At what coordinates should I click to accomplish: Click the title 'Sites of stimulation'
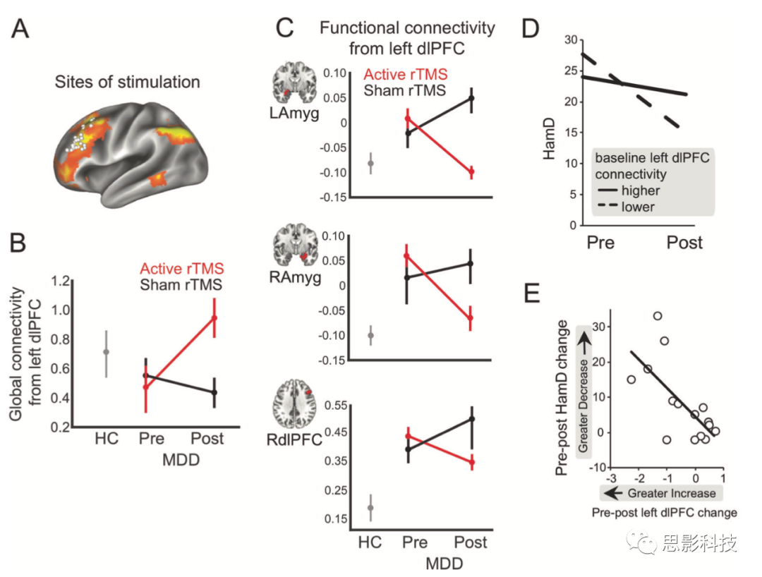click(127, 82)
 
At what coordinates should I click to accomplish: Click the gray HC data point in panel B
click(107, 351)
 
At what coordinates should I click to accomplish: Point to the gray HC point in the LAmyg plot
click(371, 164)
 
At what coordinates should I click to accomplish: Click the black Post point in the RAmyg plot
click(471, 264)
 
